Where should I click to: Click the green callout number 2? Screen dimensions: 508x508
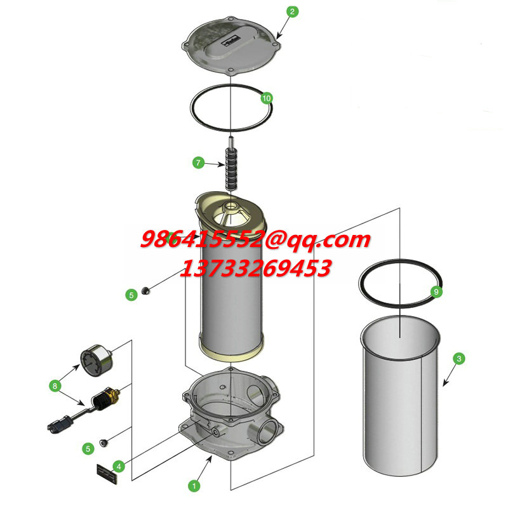tap(292, 11)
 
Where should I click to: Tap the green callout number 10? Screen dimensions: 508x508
tap(266, 98)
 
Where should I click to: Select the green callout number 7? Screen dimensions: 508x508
tap(198, 163)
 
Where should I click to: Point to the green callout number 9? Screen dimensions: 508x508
tap(436, 291)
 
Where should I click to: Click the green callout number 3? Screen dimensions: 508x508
tap(458, 359)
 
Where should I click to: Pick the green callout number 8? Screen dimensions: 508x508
tap(55, 386)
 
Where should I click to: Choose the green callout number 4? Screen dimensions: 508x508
tap(119, 467)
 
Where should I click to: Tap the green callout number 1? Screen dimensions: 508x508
tap(194, 486)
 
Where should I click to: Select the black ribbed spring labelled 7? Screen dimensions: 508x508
tap(231, 168)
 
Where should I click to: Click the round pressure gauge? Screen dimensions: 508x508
tap(97, 360)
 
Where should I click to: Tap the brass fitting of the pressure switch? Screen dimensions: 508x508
tap(114, 394)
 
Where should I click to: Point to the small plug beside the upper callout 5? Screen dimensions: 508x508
tap(146, 290)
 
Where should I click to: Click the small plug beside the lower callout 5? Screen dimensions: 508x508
tap(104, 442)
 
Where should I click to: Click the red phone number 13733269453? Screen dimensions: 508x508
tap(256, 269)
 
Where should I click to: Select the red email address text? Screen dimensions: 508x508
tap(256, 240)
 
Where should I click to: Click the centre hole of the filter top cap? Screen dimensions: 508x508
tap(231, 205)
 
